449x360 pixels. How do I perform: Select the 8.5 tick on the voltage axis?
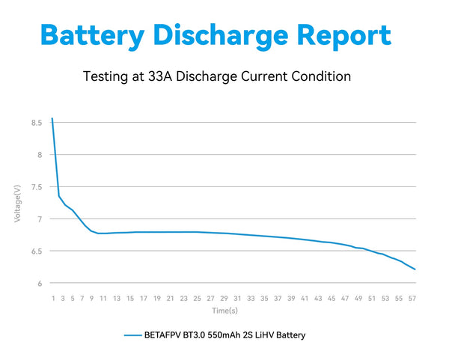coord(35,123)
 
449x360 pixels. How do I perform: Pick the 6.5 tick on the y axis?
coord(35,251)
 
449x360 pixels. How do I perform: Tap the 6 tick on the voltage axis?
coord(39,284)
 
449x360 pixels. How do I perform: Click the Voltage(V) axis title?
coord(17,203)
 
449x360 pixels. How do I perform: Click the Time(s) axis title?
coord(224,310)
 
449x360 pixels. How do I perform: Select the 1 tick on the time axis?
coord(52,298)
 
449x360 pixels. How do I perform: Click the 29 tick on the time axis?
coord(223,298)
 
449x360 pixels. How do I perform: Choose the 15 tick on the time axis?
coord(130,298)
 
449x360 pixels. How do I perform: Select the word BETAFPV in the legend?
coord(164,335)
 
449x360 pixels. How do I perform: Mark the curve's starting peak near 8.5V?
coord(52,118)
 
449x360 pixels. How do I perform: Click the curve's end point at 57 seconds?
coord(415,269)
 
